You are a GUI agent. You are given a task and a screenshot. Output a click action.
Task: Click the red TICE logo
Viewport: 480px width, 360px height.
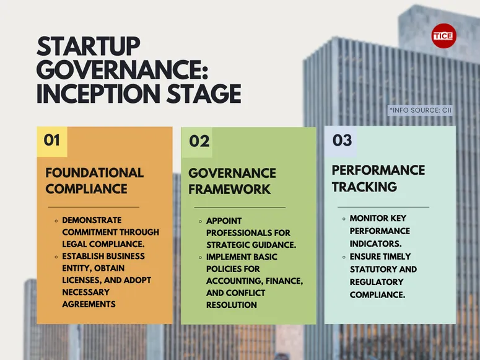(443, 36)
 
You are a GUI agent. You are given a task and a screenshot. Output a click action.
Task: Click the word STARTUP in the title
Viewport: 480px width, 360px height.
(89, 47)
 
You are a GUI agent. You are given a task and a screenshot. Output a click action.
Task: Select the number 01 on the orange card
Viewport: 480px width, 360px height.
(52, 140)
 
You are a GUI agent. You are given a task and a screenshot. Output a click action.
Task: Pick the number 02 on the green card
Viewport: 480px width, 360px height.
(199, 142)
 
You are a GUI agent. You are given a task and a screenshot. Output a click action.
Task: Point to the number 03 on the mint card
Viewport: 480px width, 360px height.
(342, 140)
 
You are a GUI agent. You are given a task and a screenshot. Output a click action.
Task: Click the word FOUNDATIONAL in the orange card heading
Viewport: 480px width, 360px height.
(94, 173)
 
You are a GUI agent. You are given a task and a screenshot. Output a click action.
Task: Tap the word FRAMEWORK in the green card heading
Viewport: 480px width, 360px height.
(230, 189)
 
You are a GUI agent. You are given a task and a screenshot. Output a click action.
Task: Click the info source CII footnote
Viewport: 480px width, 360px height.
(421, 110)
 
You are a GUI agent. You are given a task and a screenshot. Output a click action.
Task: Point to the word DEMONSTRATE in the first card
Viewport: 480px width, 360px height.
(92, 220)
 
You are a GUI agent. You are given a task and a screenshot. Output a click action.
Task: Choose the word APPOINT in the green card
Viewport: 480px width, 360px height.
(224, 221)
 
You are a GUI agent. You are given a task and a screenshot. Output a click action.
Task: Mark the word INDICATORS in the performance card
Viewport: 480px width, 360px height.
(375, 244)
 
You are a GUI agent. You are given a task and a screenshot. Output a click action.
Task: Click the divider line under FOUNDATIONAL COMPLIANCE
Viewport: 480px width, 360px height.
(94, 207)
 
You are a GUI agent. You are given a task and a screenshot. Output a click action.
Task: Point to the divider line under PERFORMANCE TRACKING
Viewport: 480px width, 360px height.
(383, 207)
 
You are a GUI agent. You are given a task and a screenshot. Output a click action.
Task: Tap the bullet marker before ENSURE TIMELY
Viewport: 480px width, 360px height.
(344, 257)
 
